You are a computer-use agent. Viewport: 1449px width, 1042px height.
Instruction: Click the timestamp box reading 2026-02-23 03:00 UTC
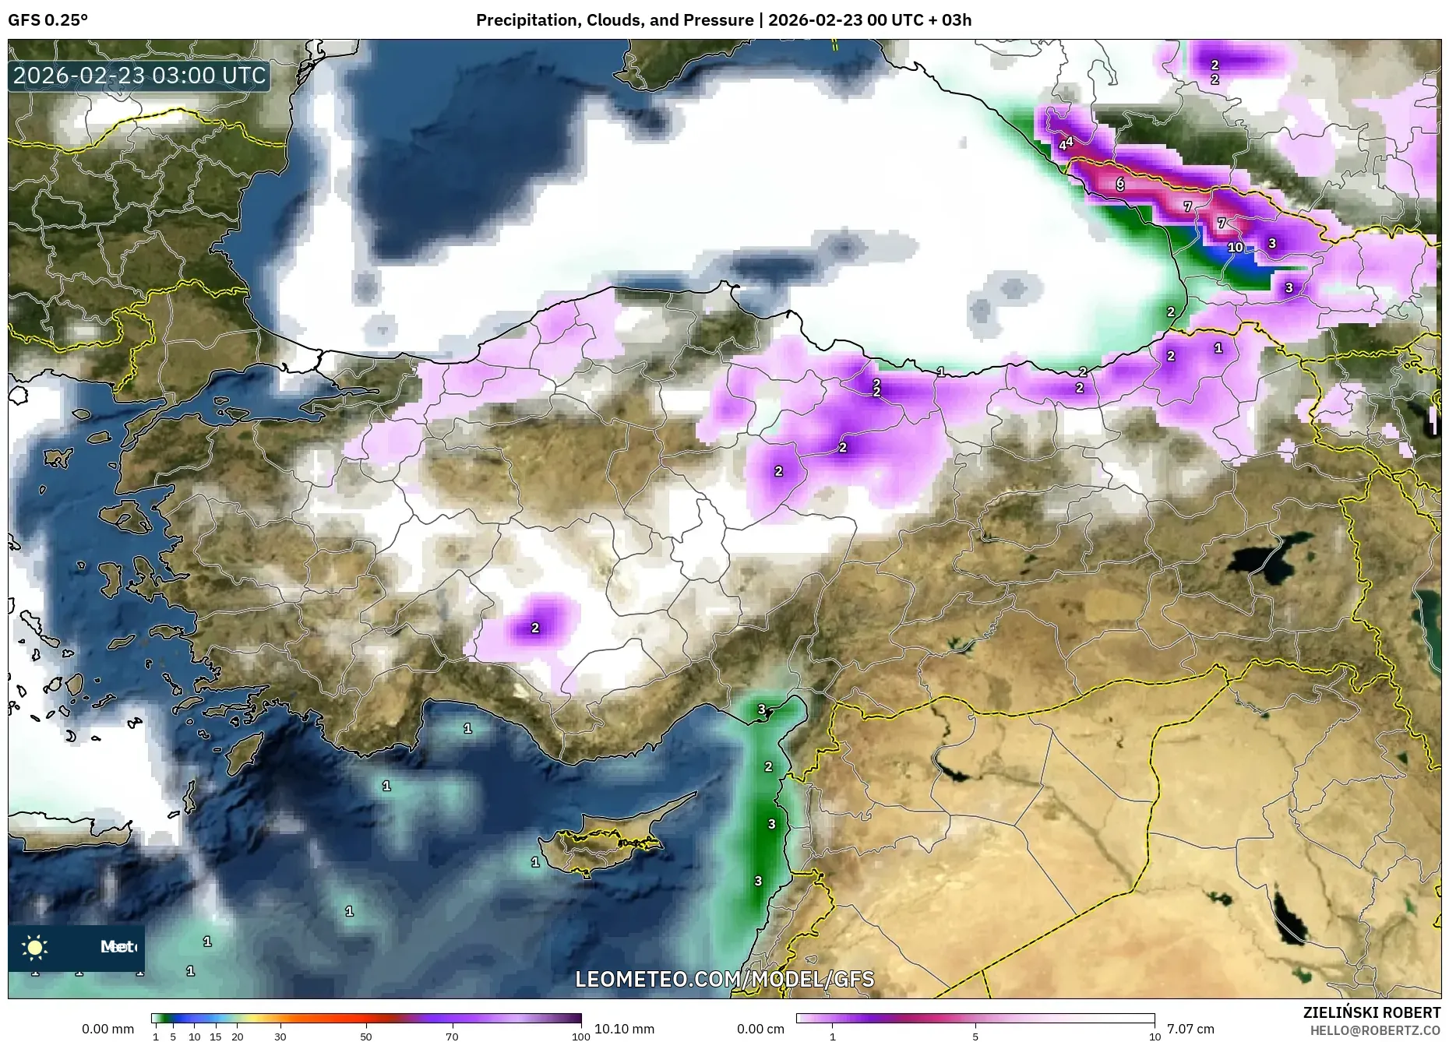click(139, 76)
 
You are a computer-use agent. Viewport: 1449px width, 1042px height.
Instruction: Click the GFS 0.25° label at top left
click(48, 20)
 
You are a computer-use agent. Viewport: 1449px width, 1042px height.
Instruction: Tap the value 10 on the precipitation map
click(1236, 248)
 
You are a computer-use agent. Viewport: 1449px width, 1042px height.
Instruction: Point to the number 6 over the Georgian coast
click(1120, 184)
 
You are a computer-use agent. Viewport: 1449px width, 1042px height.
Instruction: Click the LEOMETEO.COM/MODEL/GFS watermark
click(724, 978)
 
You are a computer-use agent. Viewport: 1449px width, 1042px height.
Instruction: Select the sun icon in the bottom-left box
click(35, 947)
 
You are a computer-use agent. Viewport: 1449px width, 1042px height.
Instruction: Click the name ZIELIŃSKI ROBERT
click(1371, 1012)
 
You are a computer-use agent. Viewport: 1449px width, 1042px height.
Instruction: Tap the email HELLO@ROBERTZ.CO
click(1374, 1030)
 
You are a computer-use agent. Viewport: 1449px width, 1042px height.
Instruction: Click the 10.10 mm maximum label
click(624, 1029)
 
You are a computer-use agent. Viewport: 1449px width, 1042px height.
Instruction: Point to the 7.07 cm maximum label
click(1190, 1029)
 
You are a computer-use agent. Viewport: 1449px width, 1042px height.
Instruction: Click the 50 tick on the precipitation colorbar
click(366, 1037)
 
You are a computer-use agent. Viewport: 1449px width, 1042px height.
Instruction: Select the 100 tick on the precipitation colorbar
click(580, 1037)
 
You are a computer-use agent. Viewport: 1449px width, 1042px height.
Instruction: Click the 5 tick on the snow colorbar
click(975, 1037)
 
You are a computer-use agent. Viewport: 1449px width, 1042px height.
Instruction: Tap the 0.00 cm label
click(761, 1029)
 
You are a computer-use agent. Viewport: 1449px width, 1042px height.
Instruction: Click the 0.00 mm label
click(108, 1029)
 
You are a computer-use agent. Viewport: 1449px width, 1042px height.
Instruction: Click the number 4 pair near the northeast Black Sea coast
click(1066, 143)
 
